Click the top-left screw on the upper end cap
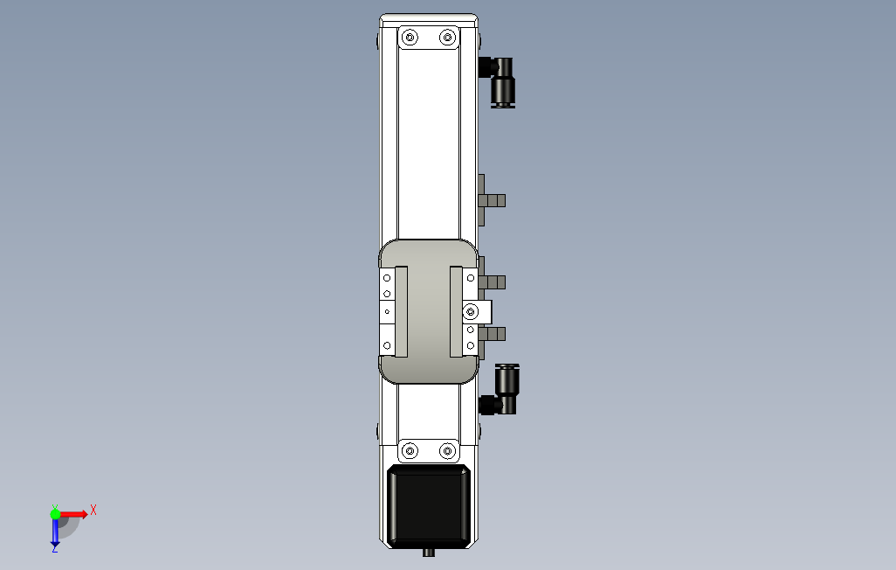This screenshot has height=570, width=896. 410,38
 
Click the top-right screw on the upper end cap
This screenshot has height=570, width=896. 448,38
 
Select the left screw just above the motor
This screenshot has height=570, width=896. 410,451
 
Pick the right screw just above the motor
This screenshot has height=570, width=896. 448,451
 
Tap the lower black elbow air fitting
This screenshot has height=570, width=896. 500,389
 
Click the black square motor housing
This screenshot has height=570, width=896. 429,506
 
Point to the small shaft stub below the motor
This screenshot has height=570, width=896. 429,553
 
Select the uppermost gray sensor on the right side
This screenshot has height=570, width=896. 492,200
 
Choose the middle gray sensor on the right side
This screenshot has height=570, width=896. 493,282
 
